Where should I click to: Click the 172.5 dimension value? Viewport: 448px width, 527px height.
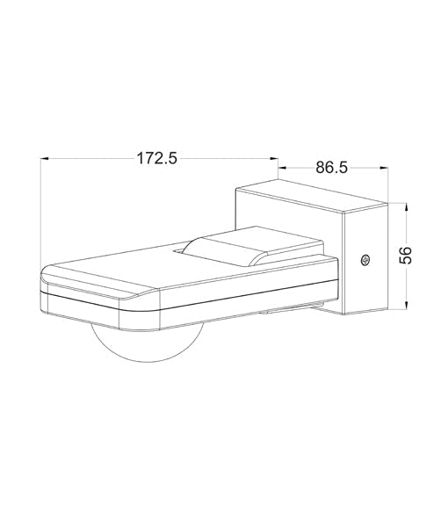157,159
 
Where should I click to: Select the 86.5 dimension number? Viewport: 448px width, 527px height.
329,168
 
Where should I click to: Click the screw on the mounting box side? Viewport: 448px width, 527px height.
365,259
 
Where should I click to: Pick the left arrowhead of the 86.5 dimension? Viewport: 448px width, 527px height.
283,168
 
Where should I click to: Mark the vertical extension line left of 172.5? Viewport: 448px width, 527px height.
42,211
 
